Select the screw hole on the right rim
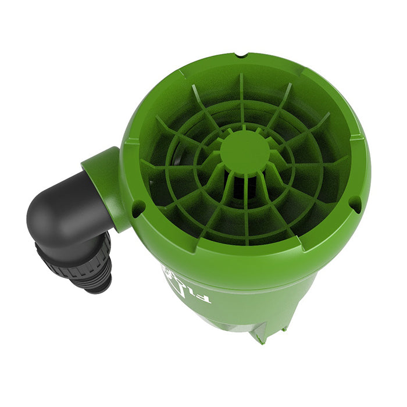(354, 203)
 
